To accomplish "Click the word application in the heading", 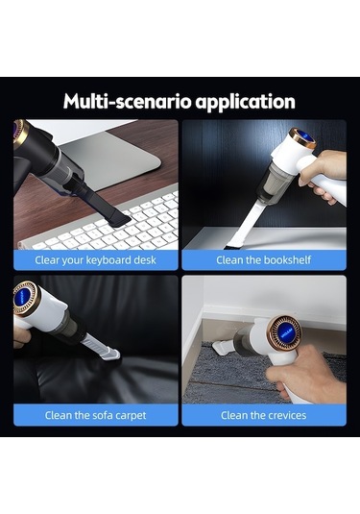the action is [246, 102].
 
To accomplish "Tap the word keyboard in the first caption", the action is [104, 260].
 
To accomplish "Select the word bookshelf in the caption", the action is [287, 260].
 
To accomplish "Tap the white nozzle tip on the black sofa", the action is [110, 355].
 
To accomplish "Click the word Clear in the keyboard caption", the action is [47, 260].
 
